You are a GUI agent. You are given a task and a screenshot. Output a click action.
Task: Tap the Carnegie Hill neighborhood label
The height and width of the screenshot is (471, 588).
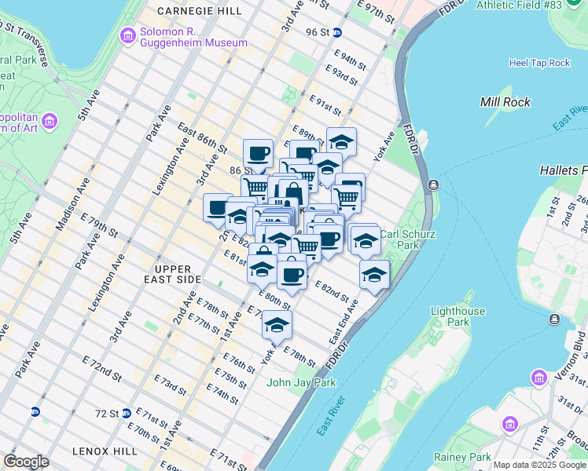(200, 11)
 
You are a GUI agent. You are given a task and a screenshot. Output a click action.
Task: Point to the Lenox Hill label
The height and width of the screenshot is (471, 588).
(105, 451)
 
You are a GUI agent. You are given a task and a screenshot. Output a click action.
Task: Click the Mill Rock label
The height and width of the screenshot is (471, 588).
(505, 102)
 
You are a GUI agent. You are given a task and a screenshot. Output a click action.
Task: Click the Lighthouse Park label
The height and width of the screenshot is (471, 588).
(458, 316)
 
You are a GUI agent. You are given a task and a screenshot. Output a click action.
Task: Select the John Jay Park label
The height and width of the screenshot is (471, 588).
(301, 382)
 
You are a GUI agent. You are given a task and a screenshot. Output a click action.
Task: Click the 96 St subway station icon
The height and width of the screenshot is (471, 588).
(337, 32)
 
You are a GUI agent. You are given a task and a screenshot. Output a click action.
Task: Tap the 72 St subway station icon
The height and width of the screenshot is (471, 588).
(35, 412)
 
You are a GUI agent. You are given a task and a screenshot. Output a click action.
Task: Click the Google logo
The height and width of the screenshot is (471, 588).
(26, 462)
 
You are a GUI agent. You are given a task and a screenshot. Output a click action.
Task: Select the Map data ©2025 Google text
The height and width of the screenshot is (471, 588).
(539, 465)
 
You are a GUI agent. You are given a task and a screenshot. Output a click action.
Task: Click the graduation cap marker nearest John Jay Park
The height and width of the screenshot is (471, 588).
(277, 325)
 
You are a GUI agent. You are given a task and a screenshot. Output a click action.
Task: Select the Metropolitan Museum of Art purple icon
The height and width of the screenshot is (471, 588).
(50, 121)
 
